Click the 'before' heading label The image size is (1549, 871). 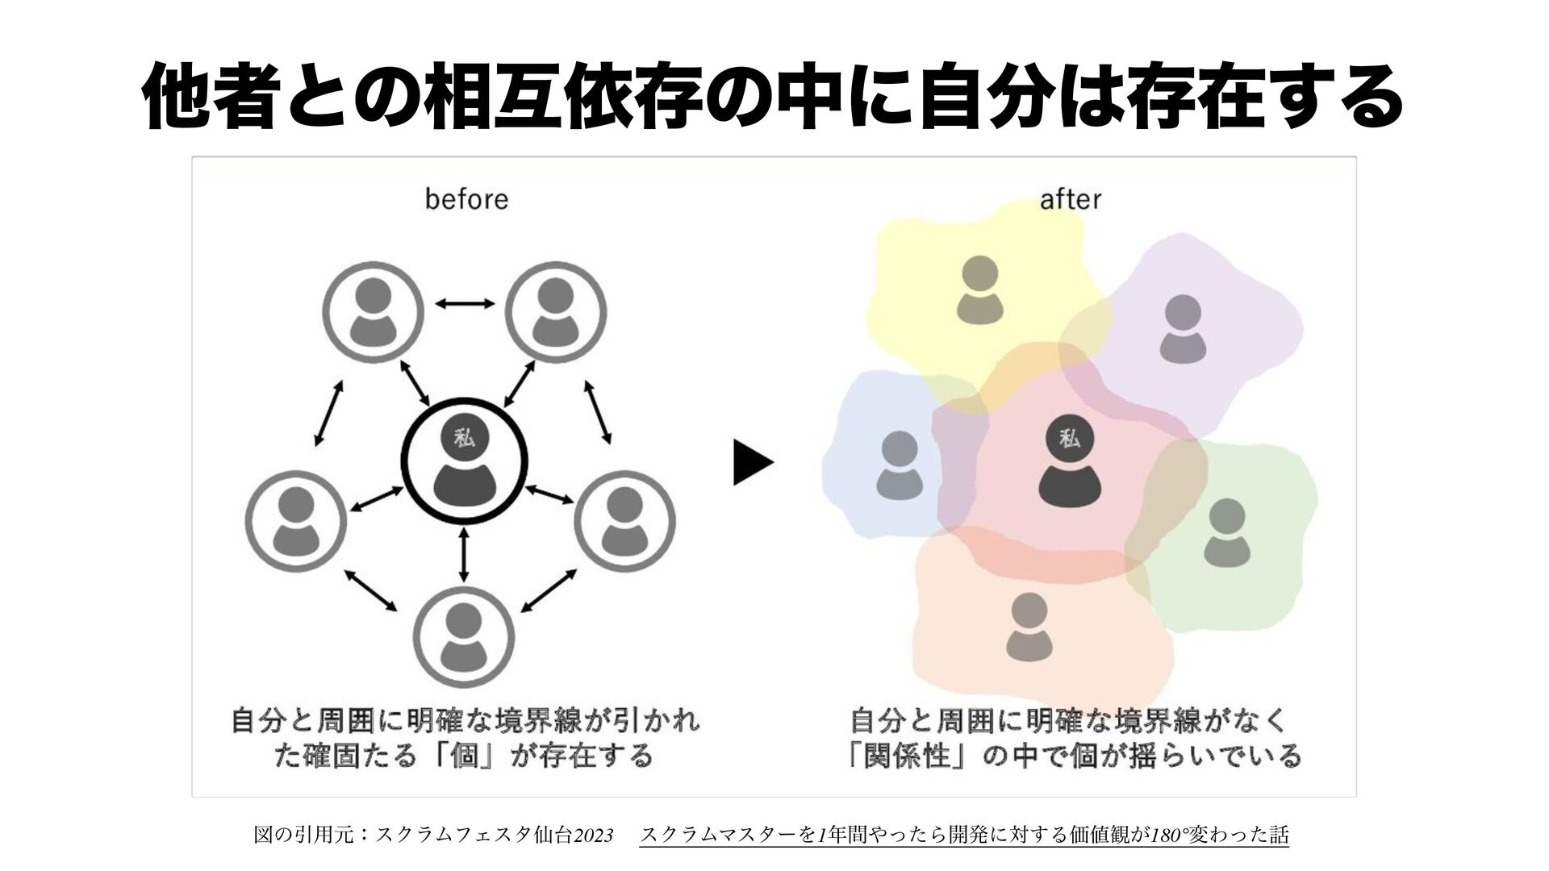(x=466, y=198)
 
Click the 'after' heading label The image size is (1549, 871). (x=1070, y=198)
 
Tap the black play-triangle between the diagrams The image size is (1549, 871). (x=752, y=463)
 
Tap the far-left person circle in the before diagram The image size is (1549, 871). (x=295, y=522)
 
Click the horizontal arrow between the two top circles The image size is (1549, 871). (x=465, y=303)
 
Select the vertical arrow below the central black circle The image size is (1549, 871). (x=463, y=555)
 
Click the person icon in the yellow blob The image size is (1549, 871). (x=979, y=288)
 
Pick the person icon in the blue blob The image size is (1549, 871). (x=900, y=463)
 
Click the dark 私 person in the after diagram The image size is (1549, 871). (x=1070, y=463)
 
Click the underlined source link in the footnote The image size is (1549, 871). (x=963, y=833)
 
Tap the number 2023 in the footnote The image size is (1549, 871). (x=592, y=833)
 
